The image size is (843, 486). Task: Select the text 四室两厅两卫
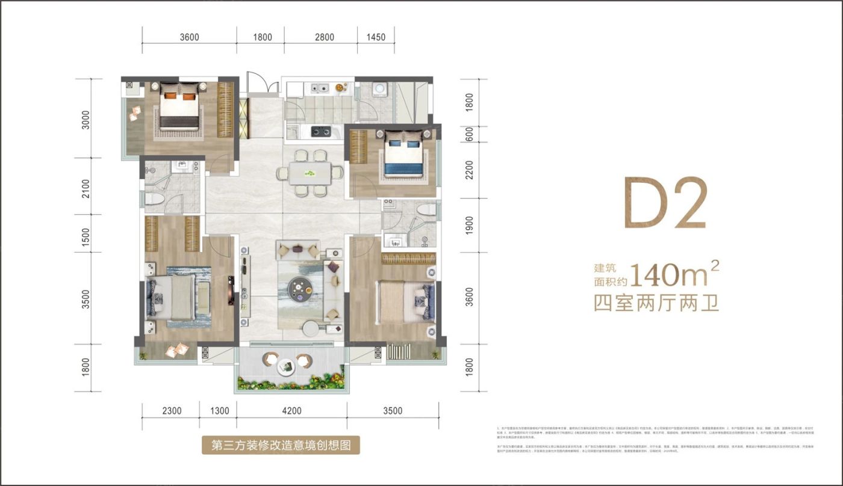pos(656,303)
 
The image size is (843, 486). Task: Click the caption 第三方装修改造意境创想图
pos(281,445)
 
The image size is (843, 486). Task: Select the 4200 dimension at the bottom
pos(291,411)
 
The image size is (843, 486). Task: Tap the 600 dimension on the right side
pos(470,133)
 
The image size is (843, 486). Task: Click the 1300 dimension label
pos(220,411)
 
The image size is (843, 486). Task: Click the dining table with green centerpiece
pos(310,173)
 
